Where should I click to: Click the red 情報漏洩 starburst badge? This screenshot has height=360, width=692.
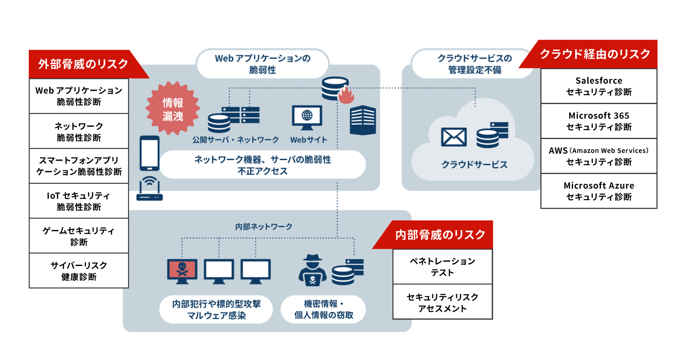[x=172, y=109]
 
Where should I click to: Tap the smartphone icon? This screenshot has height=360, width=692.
[x=149, y=153]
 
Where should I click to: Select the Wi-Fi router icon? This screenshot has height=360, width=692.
[x=149, y=189]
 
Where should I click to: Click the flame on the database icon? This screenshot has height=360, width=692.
[x=345, y=96]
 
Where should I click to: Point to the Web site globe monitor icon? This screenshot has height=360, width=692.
[x=307, y=117]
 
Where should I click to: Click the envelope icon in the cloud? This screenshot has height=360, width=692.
[x=454, y=137]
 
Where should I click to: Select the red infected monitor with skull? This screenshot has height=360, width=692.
[x=182, y=271]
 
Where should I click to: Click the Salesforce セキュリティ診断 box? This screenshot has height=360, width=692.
[x=599, y=86]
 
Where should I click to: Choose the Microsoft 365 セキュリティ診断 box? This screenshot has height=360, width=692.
[x=599, y=121]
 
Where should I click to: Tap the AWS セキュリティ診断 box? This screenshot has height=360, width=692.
[x=599, y=156]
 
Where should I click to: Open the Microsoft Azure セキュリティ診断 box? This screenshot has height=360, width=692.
[x=599, y=191]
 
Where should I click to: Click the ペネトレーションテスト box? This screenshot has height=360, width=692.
[x=442, y=267]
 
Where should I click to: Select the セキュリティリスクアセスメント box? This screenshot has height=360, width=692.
[x=442, y=302]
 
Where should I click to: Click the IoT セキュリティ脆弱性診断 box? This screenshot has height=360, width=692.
[x=79, y=201]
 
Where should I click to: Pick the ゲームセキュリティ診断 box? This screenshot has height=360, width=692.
[x=79, y=236]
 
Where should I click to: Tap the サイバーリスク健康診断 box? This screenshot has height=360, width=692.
[x=79, y=271]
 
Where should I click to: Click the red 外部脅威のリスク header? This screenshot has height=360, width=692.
[x=83, y=64]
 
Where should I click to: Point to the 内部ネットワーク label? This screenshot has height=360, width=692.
[x=264, y=227]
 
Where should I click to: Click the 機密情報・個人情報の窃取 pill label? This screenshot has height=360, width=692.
[x=323, y=309]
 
